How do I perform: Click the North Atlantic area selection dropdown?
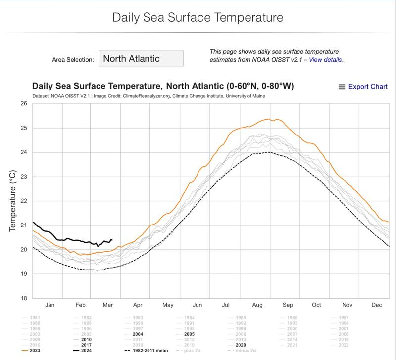[x=141, y=58]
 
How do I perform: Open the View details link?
[x=325, y=59]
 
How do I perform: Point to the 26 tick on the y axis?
[x=23, y=103]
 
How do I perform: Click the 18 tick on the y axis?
[x=23, y=298]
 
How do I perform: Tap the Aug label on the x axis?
[x=257, y=306]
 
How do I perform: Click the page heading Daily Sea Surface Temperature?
[x=198, y=18]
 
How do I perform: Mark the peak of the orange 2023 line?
[x=269, y=118]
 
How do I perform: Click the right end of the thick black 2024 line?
[x=112, y=240]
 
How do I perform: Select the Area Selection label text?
[x=73, y=59]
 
